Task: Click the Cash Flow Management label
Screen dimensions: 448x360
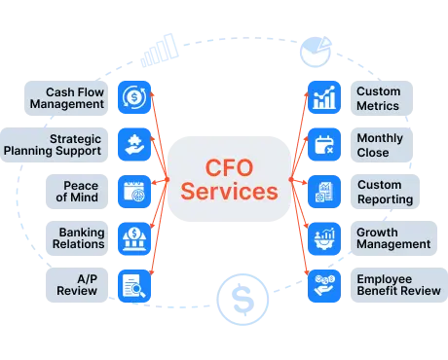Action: click(x=66, y=98)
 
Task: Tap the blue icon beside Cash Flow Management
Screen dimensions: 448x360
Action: click(x=134, y=97)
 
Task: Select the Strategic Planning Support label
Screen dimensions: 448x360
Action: click(x=54, y=145)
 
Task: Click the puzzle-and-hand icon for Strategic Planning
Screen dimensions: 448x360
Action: click(x=134, y=144)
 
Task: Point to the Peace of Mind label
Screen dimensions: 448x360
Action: click(x=77, y=192)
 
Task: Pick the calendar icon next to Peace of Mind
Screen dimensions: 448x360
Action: click(x=134, y=192)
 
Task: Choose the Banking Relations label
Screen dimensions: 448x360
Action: click(x=77, y=238)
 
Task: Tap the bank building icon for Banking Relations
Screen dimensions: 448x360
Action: click(x=134, y=238)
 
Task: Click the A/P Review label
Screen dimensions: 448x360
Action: click(x=77, y=285)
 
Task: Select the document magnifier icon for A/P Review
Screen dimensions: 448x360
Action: click(x=134, y=286)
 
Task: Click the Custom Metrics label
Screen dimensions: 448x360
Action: click(x=382, y=98)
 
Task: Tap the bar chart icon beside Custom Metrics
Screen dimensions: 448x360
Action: click(x=324, y=97)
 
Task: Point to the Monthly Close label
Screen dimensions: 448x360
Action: click(x=382, y=145)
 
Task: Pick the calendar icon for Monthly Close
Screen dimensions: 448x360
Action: click(x=324, y=144)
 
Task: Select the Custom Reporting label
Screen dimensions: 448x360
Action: click(x=385, y=192)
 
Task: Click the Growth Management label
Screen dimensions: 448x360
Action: click(x=393, y=238)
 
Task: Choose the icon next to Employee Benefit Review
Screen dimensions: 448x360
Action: click(x=324, y=286)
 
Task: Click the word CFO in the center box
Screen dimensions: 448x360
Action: click(x=229, y=167)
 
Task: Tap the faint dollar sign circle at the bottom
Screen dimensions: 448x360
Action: click(x=243, y=299)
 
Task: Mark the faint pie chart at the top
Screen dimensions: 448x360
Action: click(x=316, y=52)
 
